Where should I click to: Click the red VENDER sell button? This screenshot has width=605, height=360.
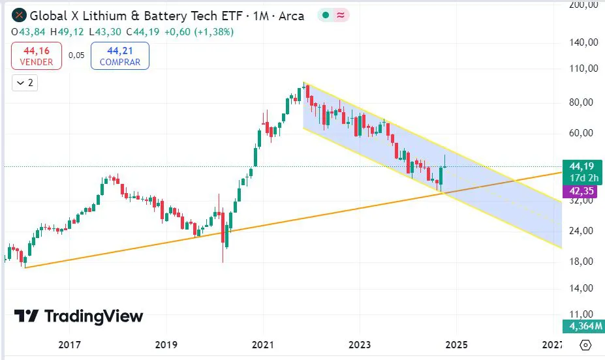(37, 55)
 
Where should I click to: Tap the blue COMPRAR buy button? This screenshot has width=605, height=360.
(120, 55)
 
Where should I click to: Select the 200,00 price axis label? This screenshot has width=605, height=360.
(583, 6)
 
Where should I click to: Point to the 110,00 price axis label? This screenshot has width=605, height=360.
(583, 68)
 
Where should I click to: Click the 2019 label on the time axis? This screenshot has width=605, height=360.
(166, 344)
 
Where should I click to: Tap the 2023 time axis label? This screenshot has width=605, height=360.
(360, 344)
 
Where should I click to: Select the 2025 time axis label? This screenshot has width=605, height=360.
(456, 344)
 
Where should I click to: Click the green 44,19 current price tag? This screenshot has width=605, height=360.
(582, 166)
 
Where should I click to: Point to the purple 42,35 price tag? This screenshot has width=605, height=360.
(582, 192)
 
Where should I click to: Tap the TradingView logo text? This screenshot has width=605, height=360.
(79, 317)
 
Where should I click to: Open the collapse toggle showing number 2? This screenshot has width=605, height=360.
(25, 83)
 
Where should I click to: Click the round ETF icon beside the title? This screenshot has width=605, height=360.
(19, 16)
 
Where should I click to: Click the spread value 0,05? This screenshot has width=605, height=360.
(76, 55)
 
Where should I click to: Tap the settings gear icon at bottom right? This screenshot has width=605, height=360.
(585, 345)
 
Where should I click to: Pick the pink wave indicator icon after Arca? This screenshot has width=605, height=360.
(341, 16)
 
